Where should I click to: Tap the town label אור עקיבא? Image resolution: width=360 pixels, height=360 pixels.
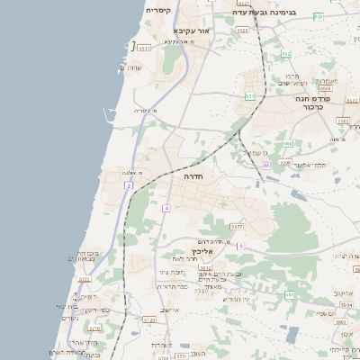point(191,31)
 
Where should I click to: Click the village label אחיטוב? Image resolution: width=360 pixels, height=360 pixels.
point(342,292)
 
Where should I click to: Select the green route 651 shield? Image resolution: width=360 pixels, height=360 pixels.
point(249,95)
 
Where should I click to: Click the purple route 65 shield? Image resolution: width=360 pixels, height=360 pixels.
point(288,143)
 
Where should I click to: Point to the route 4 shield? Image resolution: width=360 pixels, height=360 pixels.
point(166,208)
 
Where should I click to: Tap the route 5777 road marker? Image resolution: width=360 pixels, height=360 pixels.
point(237,226)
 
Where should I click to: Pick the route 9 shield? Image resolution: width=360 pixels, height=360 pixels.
point(241,246)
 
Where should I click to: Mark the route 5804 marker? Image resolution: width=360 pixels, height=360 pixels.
point(346,305)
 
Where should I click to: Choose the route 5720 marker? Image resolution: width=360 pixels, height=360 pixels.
point(149,319)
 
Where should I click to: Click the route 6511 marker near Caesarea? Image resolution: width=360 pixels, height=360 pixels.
point(144,48)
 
